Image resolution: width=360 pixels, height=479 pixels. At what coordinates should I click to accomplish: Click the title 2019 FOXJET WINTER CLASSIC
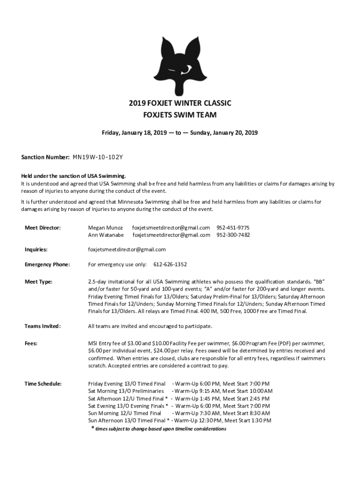coord(180,103)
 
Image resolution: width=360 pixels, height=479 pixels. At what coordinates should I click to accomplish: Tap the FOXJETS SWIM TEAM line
coord(180,115)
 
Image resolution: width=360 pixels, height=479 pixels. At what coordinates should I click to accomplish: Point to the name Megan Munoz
coord(106,227)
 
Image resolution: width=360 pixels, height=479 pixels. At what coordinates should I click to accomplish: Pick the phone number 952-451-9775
coord(233,227)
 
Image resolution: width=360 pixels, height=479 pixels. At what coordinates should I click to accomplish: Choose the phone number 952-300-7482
coord(233,235)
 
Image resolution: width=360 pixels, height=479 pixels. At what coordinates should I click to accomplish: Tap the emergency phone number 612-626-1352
coord(170,264)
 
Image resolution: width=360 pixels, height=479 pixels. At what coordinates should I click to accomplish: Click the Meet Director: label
coord(43,227)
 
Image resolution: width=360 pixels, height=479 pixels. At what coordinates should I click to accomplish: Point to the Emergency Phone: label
coord(47,264)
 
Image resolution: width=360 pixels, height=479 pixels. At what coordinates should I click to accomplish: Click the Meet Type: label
coord(38,282)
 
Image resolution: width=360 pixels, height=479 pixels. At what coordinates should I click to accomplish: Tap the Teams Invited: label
coord(43,326)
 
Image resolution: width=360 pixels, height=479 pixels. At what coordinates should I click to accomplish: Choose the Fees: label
coord(32,343)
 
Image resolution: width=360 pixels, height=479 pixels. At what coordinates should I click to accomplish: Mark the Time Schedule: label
coord(43,384)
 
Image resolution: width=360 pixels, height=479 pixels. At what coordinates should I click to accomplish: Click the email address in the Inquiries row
coord(127,249)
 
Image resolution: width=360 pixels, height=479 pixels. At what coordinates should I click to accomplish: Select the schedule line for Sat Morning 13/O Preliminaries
coord(180,391)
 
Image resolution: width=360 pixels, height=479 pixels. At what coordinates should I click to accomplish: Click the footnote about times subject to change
coord(158,428)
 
